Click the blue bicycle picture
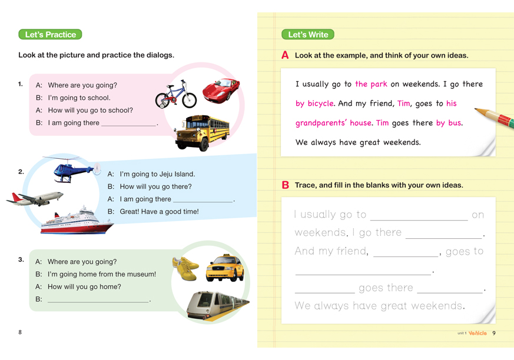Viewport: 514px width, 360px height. pos(176,95)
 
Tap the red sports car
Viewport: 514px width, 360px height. pos(221,89)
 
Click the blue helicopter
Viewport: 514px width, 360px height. pos(72,169)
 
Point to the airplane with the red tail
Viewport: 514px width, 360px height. pos(35,198)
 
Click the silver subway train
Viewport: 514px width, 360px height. pos(217,305)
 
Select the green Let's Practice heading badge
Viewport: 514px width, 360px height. pos(50,35)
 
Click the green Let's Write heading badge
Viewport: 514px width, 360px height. pos(308,35)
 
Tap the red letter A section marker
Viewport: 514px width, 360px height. pos(285,55)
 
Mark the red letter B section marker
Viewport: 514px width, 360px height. pos(285,185)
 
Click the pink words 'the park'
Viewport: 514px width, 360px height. pos(371,84)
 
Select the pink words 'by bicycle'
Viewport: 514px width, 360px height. pos(314,104)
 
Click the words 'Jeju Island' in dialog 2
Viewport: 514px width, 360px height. pos(177,174)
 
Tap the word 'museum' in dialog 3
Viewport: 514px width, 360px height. pos(141,274)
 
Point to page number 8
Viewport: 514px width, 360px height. pos(20,332)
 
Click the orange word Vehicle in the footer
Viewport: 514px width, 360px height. pos(477,333)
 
